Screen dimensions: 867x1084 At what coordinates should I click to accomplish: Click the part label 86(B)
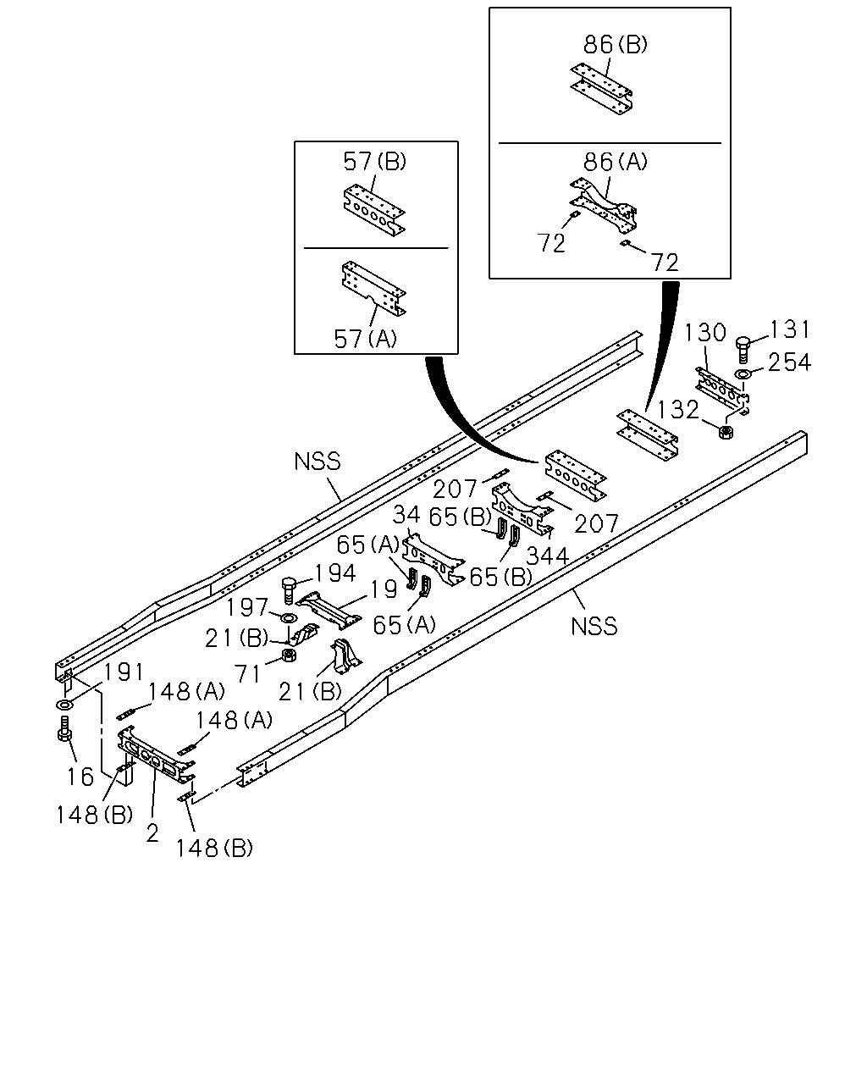click(615, 45)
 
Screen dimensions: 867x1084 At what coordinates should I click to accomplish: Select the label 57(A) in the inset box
click(365, 339)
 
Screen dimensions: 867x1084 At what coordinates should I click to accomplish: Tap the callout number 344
click(547, 556)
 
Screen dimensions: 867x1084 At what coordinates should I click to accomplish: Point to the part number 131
click(789, 329)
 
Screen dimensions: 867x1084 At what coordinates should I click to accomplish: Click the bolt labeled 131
click(743, 349)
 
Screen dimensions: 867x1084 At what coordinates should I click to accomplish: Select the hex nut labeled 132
click(726, 431)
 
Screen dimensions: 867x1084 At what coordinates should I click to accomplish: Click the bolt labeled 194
click(289, 590)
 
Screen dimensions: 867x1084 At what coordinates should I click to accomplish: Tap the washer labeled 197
click(289, 617)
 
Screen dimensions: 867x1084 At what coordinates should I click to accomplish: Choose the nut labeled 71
click(289, 655)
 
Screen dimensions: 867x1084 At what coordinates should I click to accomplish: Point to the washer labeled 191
click(64, 704)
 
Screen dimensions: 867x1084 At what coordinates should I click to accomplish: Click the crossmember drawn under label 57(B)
click(373, 211)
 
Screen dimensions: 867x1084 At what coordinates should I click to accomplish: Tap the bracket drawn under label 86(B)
click(601, 89)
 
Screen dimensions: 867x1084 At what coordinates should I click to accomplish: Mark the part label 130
click(704, 333)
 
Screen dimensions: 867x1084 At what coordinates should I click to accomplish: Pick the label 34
click(406, 514)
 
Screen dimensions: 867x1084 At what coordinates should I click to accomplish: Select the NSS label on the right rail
click(594, 627)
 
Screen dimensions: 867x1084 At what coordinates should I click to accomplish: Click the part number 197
click(246, 607)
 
